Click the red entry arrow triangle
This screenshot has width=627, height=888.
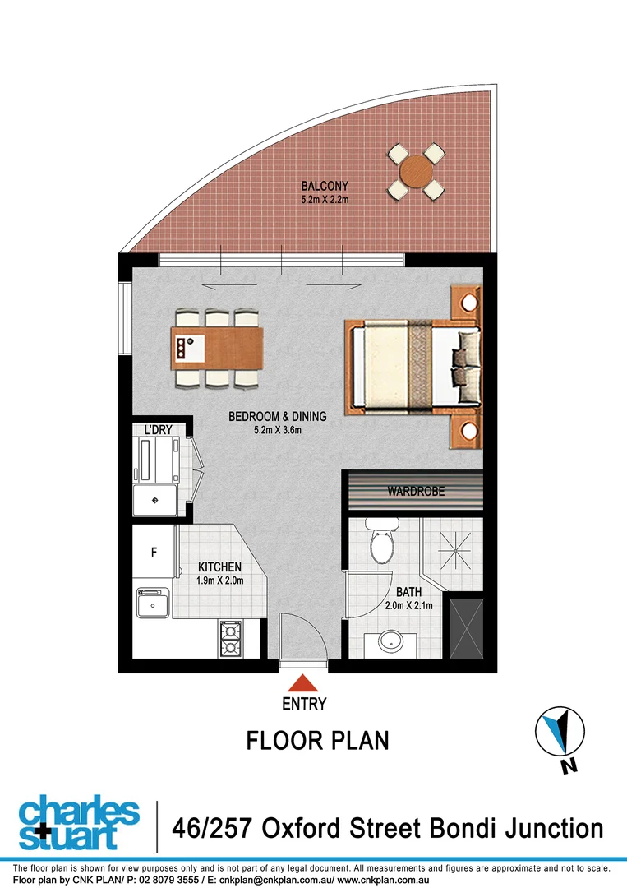pos(304,682)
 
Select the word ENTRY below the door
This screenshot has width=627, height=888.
pos(304,705)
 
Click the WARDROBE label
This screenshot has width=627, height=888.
pos(416,492)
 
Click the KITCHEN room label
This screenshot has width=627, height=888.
pos(219,567)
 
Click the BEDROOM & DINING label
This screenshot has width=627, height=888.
pos(277,417)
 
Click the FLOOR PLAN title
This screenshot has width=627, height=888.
pos(317,741)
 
